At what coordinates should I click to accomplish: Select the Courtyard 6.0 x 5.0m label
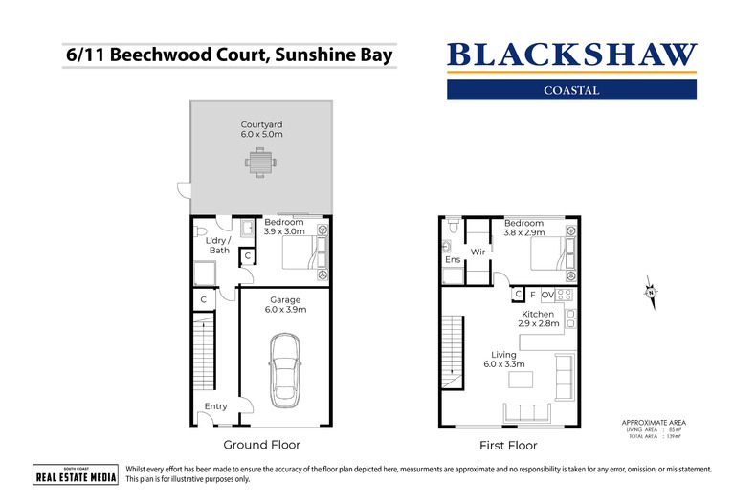coord(261,130)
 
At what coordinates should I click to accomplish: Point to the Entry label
coord(216,406)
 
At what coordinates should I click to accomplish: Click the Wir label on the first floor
coord(478,252)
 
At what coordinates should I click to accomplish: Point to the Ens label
coord(453,259)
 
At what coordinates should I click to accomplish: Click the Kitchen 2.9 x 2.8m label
coord(537,319)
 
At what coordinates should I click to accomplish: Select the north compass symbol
coord(649,291)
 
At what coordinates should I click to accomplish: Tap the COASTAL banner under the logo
coord(573,90)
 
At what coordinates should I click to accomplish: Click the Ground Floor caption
coord(261,445)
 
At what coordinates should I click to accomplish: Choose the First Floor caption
coord(508,445)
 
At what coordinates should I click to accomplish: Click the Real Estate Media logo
coord(76,474)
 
